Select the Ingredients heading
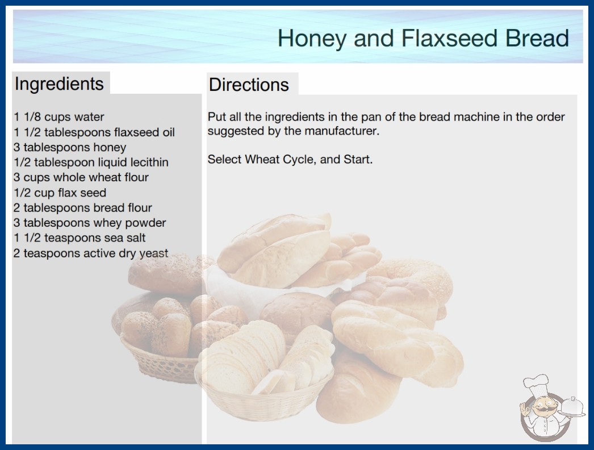pyautogui.click(x=59, y=84)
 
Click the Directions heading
pyautogui.click(x=249, y=85)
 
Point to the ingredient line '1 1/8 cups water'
pyautogui.click(x=58, y=117)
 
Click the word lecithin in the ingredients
pyautogui.click(x=149, y=163)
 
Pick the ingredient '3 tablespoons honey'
pyautogui.click(x=70, y=148)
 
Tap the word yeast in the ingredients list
pyautogui.click(x=153, y=253)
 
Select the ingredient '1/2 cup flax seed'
pyautogui.click(x=60, y=193)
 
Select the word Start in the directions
pyautogui.click(x=358, y=159)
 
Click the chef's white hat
pyautogui.click(x=536, y=384)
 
